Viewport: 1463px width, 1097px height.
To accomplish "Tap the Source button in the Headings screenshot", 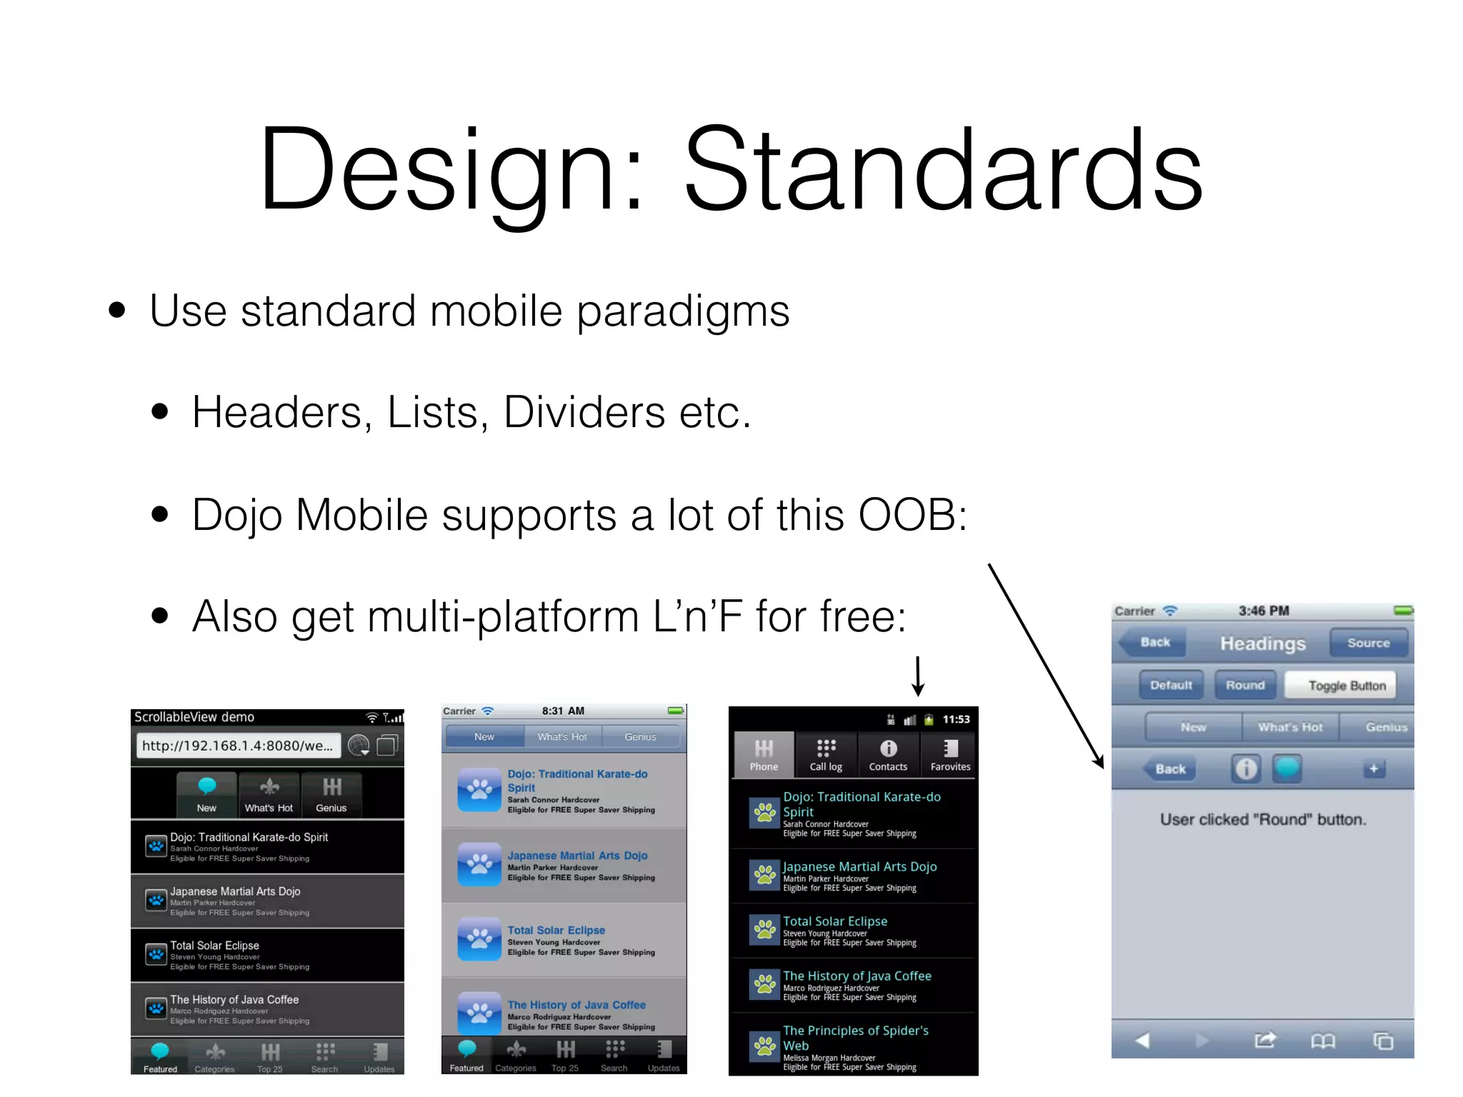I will tap(1368, 643).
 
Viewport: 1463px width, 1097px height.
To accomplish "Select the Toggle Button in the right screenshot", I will tap(1346, 686).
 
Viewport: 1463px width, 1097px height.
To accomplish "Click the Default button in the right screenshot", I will tap(1171, 686).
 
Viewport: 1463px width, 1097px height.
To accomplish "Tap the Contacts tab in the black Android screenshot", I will tap(888, 754).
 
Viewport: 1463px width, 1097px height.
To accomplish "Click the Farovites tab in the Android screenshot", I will tap(950, 754).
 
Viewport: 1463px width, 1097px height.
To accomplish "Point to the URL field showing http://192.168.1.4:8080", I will tap(237, 746).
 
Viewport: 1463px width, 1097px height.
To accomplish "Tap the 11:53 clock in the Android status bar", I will tap(956, 719).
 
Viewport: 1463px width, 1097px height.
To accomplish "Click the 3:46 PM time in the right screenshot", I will tap(1263, 611).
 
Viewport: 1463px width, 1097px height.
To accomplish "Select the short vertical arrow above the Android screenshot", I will tap(918, 675).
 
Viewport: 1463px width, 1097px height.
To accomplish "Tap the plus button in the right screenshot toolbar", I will tap(1373, 769).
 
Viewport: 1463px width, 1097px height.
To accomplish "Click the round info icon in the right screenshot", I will tap(1245, 769).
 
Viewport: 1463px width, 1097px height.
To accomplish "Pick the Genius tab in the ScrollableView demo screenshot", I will tap(331, 794).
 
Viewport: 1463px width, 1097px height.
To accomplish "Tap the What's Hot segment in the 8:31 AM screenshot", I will tap(562, 737).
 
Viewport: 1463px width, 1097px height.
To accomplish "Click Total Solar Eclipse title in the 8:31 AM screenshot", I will tap(556, 931).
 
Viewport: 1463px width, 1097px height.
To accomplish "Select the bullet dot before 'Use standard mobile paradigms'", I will tap(117, 311).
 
